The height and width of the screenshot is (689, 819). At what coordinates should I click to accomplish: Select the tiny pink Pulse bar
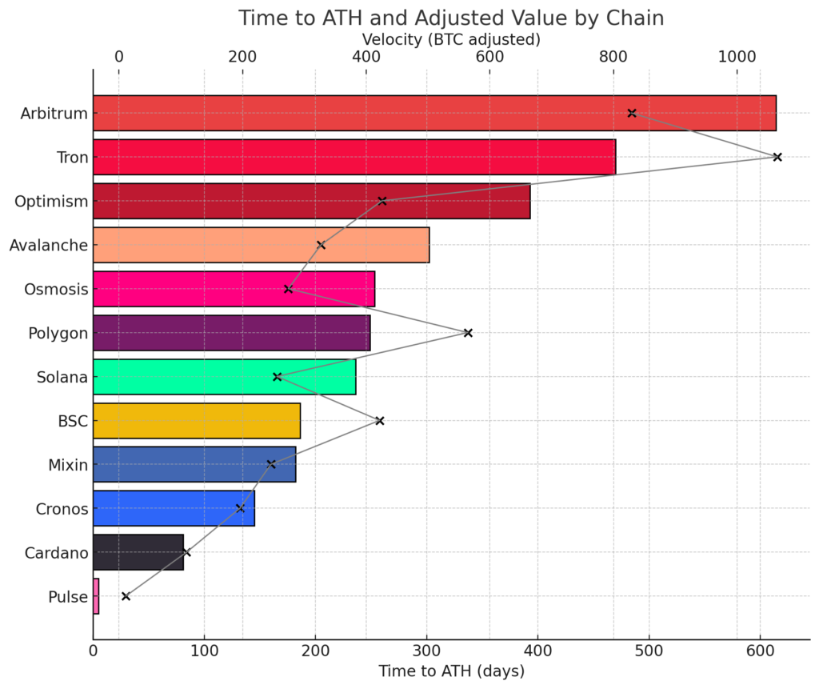(x=96, y=596)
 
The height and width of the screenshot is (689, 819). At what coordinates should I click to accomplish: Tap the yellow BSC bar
(x=197, y=421)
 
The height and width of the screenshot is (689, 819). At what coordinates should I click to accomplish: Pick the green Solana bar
(x=224, y=377)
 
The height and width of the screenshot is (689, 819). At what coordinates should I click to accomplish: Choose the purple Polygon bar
(x=231, y=333)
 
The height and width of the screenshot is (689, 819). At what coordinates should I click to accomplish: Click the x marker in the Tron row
(x=777, y=157)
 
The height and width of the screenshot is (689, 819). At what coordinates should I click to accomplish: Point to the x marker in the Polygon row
(x=468, y=333)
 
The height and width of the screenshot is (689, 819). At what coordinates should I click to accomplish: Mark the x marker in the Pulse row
(x=126, y=596)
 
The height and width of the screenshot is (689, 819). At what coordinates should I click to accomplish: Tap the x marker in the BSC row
(x=380, y=421)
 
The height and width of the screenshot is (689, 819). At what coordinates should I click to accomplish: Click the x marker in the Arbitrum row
(x=632, y=114)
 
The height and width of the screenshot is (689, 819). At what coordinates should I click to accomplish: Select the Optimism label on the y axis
(x=51, y=202)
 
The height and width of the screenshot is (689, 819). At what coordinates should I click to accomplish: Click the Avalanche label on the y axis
(x=48, y=245)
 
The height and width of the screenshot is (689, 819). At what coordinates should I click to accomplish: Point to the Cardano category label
(x=56, y=552)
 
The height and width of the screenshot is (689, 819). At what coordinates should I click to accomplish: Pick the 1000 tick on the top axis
(x=737, y=57)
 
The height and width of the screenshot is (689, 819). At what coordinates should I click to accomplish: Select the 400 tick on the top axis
(x=366, y=57)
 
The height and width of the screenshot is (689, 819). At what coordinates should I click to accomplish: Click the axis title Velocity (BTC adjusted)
(x=451, y=38)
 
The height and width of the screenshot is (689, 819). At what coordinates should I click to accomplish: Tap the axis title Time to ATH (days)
(x=451, y=670)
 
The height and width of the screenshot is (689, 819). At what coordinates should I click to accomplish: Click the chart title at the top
(x=451, y=18)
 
